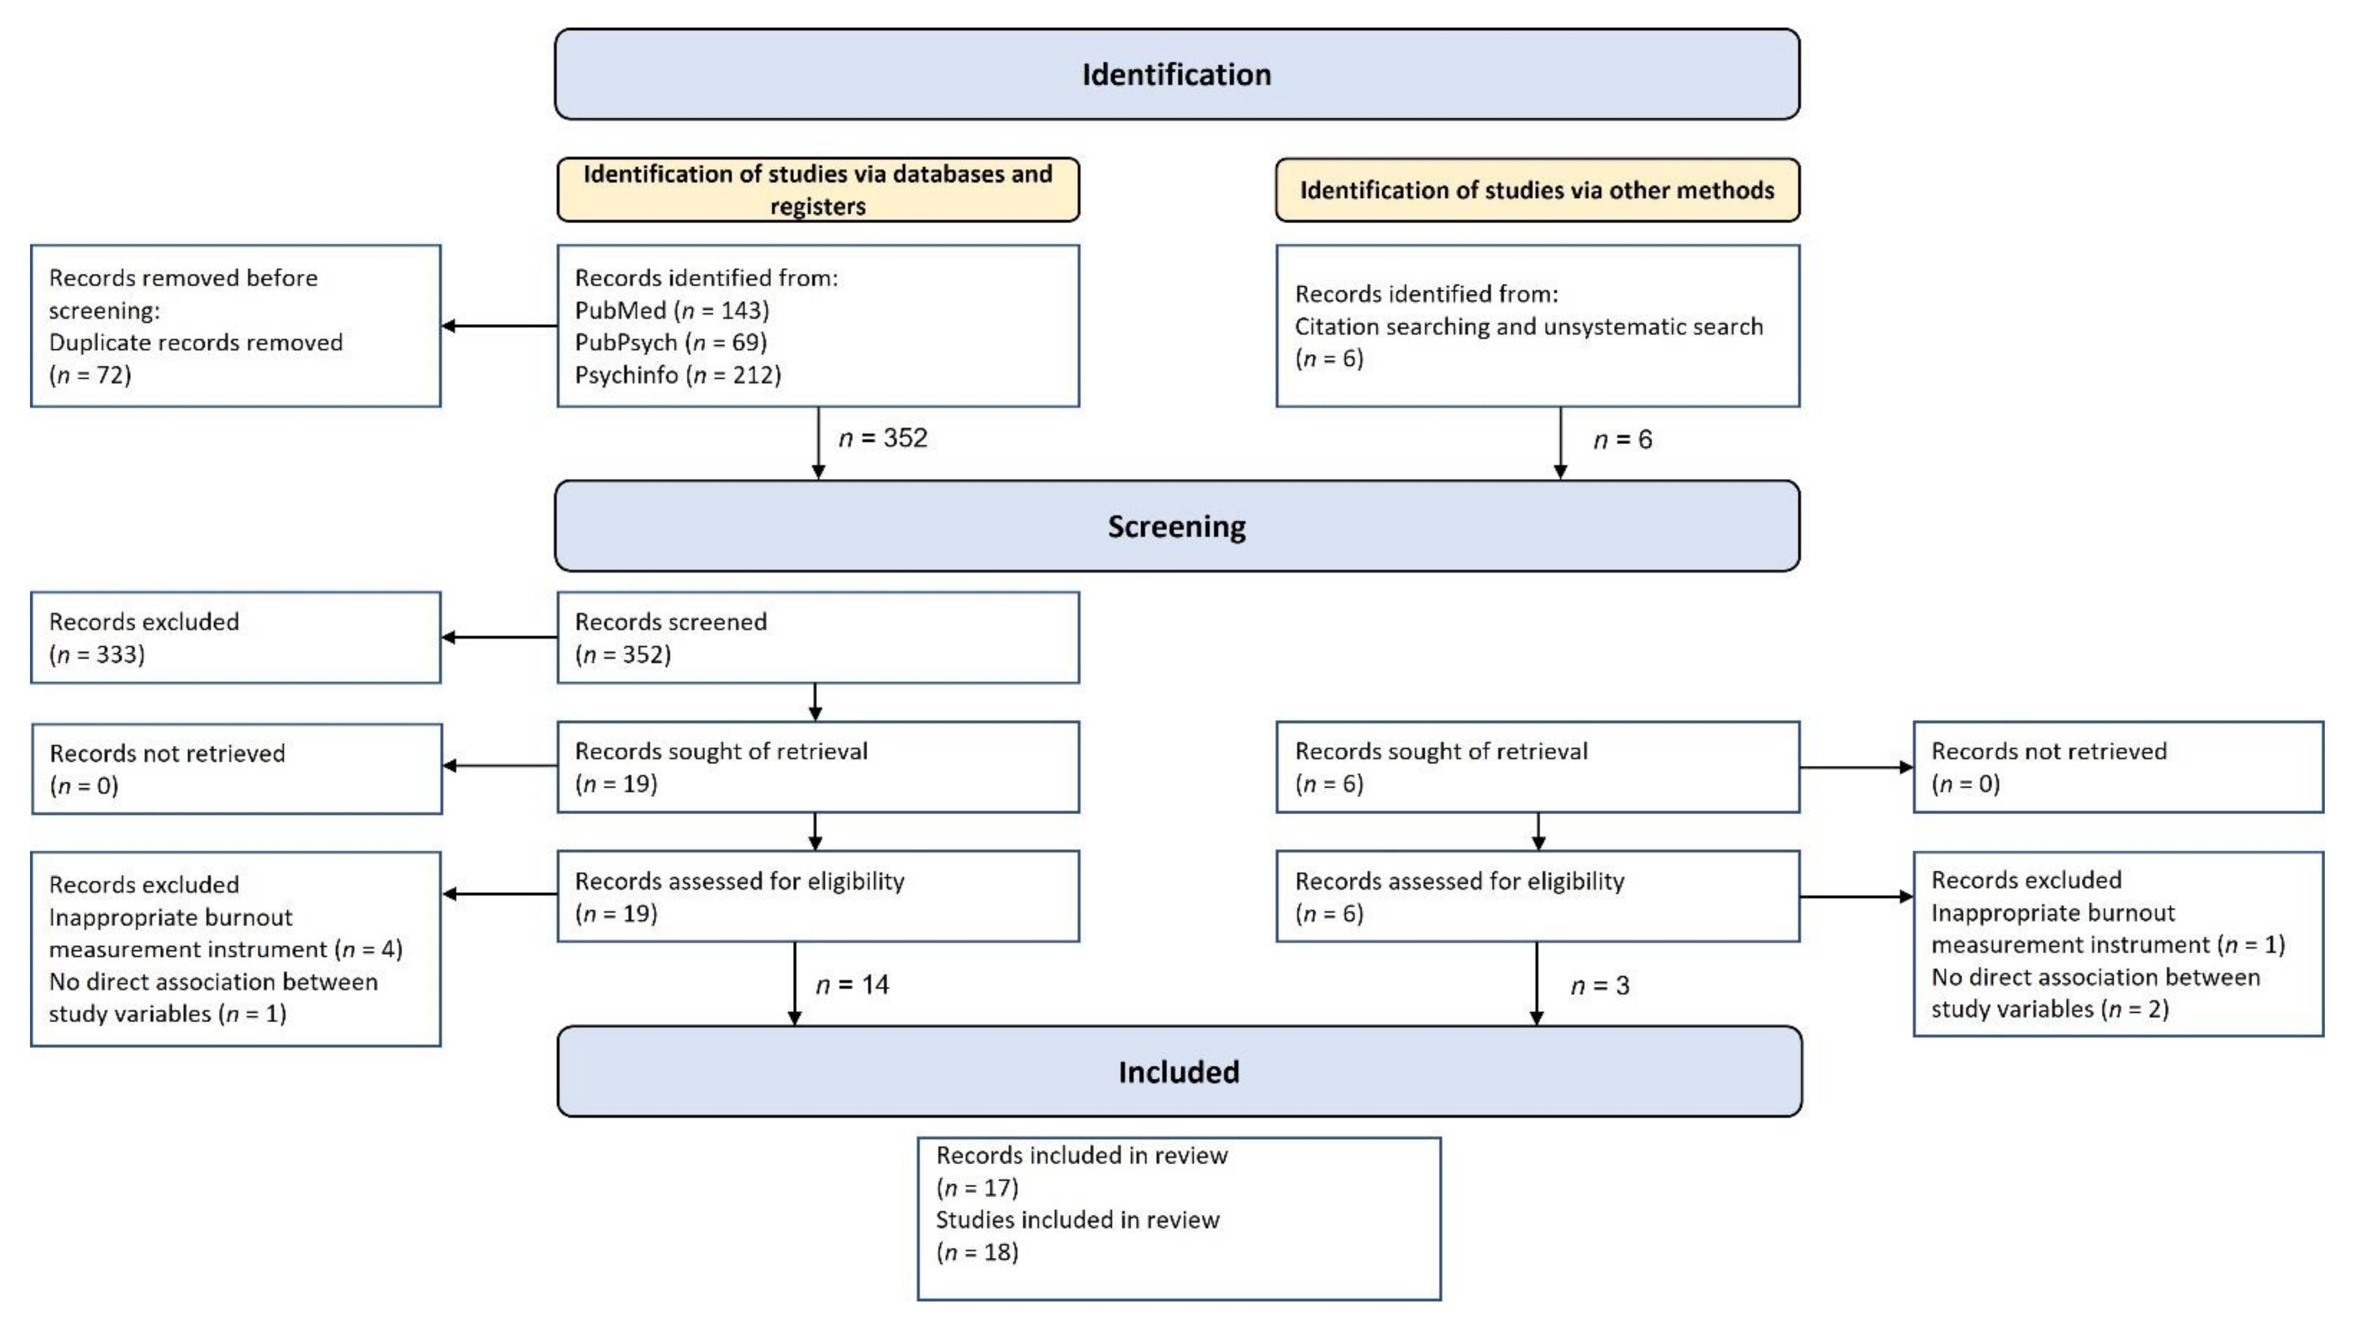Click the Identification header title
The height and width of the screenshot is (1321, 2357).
coord(1177,74)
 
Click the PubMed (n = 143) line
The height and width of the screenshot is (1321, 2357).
coord(671,310)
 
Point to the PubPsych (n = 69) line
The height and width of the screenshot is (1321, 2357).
coord(670,342)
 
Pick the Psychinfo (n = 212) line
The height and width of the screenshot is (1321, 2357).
coord(677,375)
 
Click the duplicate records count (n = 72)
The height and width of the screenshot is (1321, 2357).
coord(89,375)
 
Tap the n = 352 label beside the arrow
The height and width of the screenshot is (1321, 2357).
coord(883,438)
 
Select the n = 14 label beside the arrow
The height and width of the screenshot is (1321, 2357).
coord(852,984)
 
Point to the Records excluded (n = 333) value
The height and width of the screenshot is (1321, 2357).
coord(97,654)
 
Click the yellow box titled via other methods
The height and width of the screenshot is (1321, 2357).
coord(1537,191)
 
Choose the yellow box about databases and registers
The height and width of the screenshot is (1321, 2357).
coord(818,189)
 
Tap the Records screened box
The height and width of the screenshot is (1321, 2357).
coord(818,638)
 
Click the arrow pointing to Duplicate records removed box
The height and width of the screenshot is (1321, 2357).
coord(499,326)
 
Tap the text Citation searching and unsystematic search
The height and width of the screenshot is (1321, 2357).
coord(1528,327)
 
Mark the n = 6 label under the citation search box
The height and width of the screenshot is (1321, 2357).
coord(1622,440)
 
